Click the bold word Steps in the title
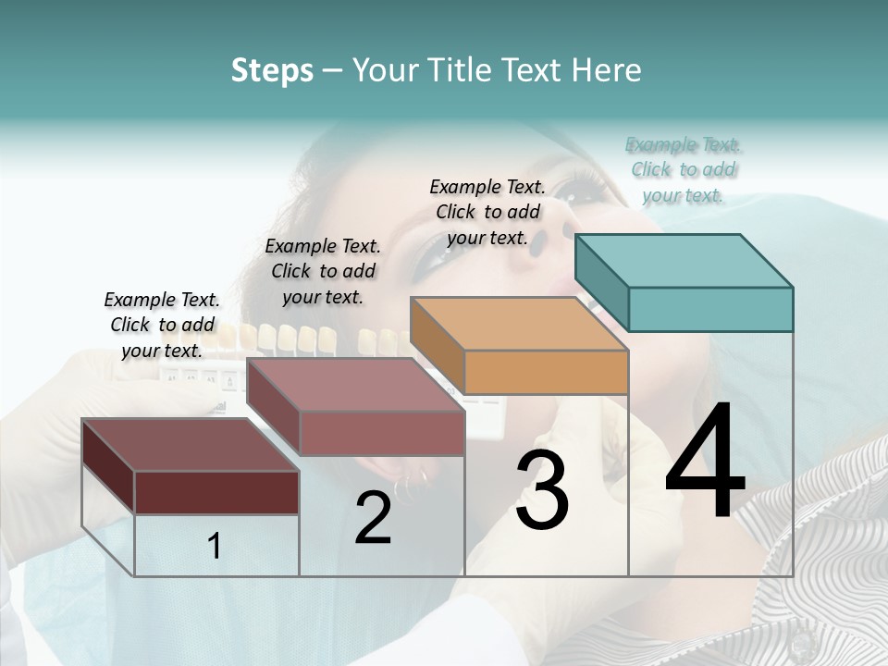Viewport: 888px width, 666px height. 272,70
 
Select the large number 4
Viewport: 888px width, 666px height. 705,462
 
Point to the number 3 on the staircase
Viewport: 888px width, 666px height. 542,490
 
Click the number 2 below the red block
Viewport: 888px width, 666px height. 373,518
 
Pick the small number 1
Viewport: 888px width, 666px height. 215,547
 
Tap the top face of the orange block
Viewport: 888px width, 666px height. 519,324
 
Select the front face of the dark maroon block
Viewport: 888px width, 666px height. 216,492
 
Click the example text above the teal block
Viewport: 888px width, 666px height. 684,170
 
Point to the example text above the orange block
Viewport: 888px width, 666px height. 487,212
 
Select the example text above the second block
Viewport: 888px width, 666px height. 323,271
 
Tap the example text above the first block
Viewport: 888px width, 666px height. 162,325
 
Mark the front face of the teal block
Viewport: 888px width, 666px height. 710,309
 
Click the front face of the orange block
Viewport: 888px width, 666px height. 546,372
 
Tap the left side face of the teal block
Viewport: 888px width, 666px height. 601,282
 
